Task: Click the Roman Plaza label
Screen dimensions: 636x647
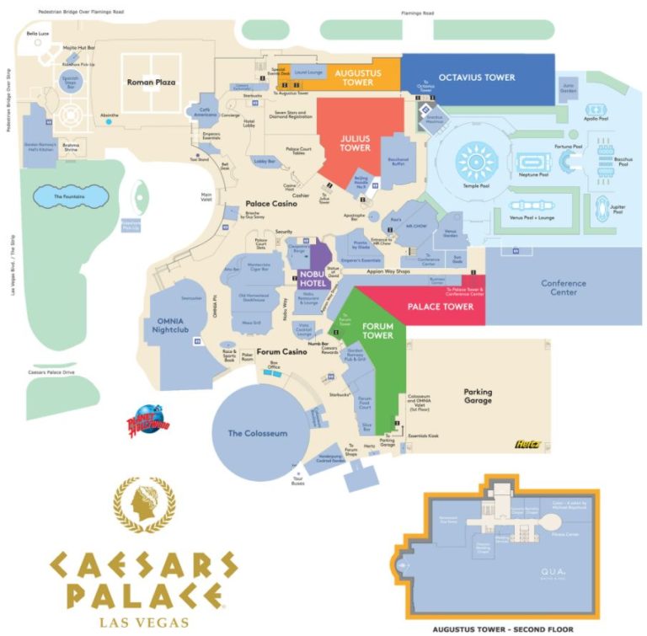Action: [151, 83]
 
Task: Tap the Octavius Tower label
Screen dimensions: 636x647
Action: [477, 77]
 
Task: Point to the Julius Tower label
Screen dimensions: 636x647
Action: [355, 142]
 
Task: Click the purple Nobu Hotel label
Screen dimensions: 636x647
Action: [311, 279]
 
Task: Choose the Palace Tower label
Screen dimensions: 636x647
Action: [441, 307]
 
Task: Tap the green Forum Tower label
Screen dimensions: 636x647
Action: [378, 329]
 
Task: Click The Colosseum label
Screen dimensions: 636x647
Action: [258, 433]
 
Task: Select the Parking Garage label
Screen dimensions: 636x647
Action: [478, 397]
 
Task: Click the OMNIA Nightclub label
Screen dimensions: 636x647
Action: [177, 325]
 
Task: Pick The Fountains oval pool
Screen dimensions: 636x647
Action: [70, 196]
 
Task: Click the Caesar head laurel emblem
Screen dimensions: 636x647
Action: [144, 503]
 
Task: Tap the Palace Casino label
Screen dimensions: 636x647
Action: [270, 204]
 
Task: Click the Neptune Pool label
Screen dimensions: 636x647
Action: [532, 175]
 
